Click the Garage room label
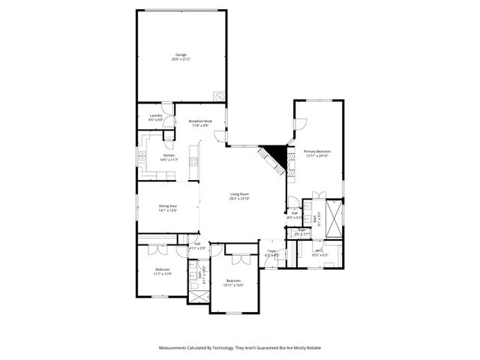pos(181,56)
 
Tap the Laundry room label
pos(155,117)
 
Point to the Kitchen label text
pos(169,157)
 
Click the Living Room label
pos(239,196)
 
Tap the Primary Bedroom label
pos(317,154)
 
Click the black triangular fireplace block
pos(280,154)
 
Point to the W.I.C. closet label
pos(319,253)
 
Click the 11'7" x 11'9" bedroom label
pos(163,271)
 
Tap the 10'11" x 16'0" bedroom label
pos(233,283)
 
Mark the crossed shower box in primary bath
pos(334,213)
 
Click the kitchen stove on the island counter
pos(193,155)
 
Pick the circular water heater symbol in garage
pos(218,96)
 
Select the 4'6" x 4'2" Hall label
pos(295,215)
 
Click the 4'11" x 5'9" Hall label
pos(197,245)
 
